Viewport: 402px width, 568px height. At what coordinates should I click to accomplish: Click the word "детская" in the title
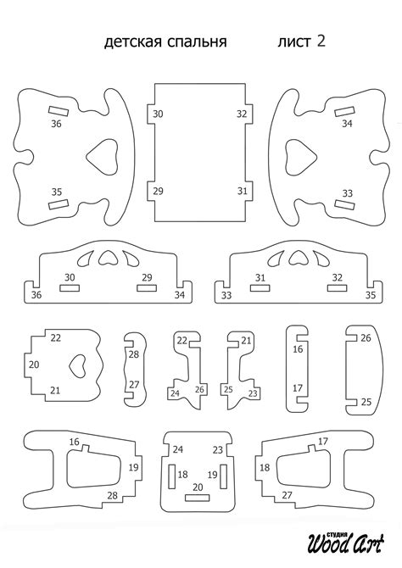tap(132, 42)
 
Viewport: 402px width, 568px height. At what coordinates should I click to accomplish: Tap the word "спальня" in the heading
tap(197, 42)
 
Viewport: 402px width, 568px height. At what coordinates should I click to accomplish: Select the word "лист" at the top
tap(294, 42)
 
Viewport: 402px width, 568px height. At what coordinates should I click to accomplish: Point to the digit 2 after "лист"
tap(321, 41)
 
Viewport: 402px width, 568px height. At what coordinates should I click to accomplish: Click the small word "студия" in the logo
tap(337, 534)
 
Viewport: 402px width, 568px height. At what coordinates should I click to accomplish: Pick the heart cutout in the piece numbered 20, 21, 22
tap(77, 366)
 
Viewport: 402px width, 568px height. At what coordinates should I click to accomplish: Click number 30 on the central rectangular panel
tap(158, 114)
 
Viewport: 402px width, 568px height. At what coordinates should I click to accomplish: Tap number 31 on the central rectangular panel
tap(243, 191)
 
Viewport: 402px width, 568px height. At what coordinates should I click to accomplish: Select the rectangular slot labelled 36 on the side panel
tap(59, 110)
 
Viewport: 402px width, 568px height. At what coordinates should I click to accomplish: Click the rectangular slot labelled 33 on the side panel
tap(344, 204)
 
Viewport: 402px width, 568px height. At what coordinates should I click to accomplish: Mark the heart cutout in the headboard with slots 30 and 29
tap(108, 257)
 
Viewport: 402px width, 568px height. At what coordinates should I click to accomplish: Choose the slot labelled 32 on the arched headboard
tap(337, 288)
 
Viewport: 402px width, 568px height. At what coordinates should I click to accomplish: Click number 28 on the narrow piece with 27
tap(134, 354)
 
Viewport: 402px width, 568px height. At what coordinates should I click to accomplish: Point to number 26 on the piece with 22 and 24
tap(199, 390)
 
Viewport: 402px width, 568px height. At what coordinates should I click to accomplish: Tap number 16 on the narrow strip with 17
tap(298, 349)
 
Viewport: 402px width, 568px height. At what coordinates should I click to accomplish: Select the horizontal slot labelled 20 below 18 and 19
tap(198, 498)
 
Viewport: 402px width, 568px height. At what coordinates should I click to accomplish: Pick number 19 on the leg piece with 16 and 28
tap(133, 467)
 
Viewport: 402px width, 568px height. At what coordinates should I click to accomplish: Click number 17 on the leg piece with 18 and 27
tap(322, 441)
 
